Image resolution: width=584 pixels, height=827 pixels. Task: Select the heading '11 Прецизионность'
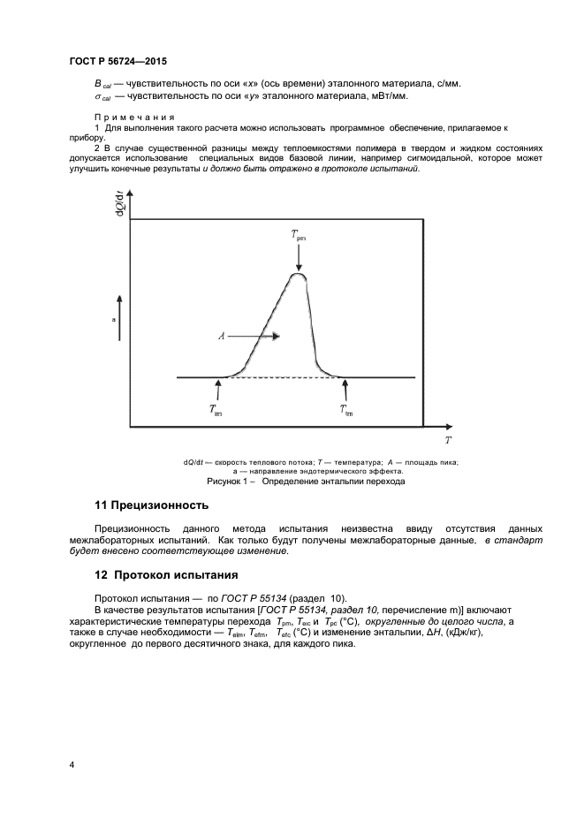coord(151,505)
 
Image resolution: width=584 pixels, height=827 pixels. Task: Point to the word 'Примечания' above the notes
coord(134,118)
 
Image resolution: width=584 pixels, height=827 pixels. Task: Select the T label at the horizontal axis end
coord(448,438)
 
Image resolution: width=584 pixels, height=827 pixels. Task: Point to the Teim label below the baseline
coord(216,410)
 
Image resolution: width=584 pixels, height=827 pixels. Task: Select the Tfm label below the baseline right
coord(346,410)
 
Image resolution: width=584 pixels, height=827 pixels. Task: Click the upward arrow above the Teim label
coord(217,390)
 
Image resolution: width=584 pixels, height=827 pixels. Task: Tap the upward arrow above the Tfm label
coord(345,390)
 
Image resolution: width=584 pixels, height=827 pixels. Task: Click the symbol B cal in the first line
coord(102,84)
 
